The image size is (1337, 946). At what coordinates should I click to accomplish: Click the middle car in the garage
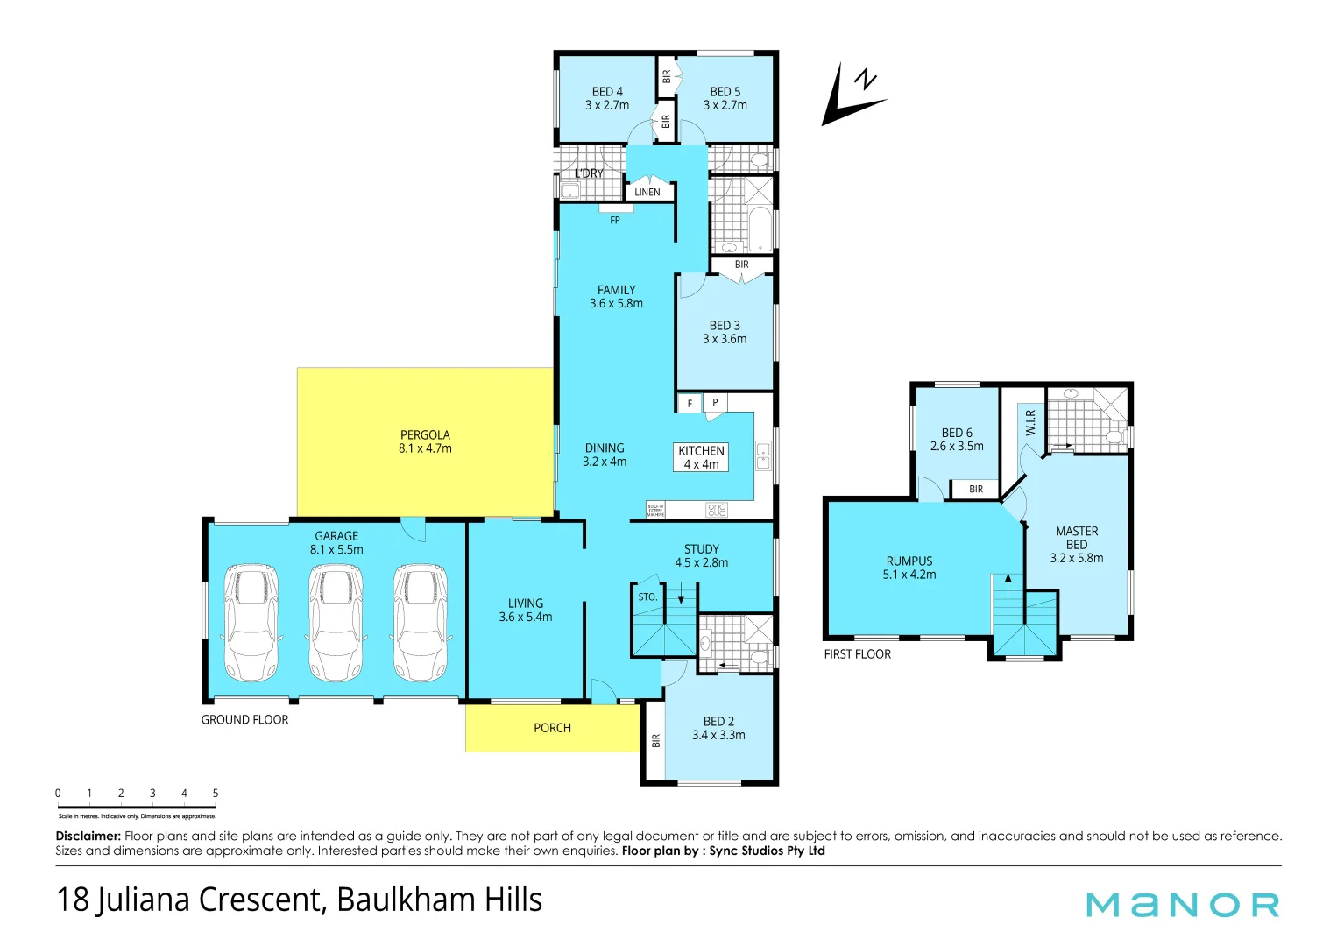(336, 622)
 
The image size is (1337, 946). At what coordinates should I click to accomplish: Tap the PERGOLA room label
(425, 435)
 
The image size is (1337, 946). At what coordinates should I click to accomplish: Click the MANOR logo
(1182, 905)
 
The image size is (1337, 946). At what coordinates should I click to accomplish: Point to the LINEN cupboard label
(647, 193)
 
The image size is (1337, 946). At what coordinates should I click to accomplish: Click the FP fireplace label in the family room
(615, 221)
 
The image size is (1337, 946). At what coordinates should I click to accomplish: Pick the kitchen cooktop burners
(717, 510)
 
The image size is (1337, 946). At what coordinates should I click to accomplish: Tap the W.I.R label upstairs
(1030, 422)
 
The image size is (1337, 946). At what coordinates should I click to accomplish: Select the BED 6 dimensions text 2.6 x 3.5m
(957, 447)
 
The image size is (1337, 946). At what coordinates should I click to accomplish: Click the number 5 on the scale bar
(215, 794)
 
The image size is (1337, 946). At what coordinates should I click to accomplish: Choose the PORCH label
(552, 728)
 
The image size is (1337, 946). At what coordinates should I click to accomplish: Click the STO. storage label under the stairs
(647, 597)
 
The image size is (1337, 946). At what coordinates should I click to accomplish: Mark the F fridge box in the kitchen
(690, 404)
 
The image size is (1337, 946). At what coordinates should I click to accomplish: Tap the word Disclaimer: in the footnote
(88, 837)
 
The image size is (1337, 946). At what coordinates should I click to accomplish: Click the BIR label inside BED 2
(655, 741)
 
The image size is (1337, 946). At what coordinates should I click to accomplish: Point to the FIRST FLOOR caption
(857, 654)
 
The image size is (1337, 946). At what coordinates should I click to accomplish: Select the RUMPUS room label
(909, 561)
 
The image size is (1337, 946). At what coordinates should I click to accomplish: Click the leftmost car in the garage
(251, 622)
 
